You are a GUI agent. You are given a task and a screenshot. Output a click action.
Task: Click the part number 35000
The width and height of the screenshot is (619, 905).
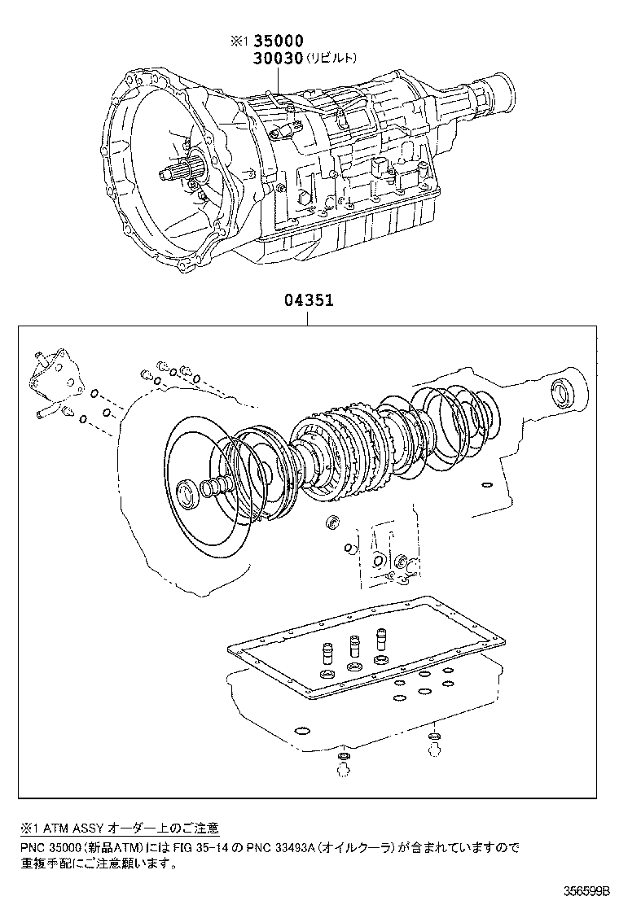[278, 42]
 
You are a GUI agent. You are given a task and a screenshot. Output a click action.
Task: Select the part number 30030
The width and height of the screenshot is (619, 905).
[278, 58]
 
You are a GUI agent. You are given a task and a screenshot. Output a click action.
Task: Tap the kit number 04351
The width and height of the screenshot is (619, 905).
[308, 300]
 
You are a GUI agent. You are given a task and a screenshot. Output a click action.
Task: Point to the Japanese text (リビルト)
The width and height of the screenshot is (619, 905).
[331, 58]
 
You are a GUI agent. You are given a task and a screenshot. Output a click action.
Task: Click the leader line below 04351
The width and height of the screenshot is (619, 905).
[308, 317]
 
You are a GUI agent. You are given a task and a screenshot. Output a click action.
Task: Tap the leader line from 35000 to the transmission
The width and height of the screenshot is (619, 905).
[278, 81]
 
